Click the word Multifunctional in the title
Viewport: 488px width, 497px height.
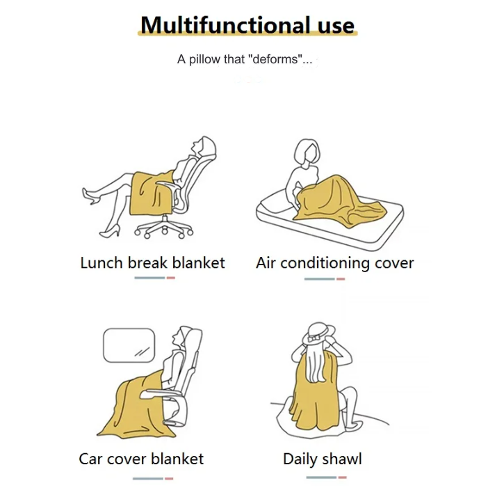pyautogui.click(x=225, y=25)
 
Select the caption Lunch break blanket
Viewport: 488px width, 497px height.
pyautogui.click(x=152, y=262)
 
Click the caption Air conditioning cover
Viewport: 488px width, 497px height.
pyautogui.click(x=335, y=263)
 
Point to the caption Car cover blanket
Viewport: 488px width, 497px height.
pyautogui.click(x=141, y=459)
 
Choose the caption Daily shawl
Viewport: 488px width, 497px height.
pyautogui.click(x=322, y=459)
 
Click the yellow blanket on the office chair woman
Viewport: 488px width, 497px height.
pyautogui.click(x=152, y=194)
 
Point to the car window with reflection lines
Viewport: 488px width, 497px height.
pyautogui.click(x=129, y=345)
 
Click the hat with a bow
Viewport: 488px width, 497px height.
pyautogui.click(x=318, y=336)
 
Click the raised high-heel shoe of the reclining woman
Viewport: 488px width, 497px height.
pyautogui.click(x=90, y=196)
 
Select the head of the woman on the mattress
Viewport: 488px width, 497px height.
pyautogui.click(x=307, y=152)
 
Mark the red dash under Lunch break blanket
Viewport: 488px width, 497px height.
pyautogui.click(x=170, y=278)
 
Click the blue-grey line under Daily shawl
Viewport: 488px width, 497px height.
pyautogui.click(x=321, y=478)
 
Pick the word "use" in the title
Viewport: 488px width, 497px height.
pyautogui.click(x=336, y=26)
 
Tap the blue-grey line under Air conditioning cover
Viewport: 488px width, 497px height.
pyautogui.click(x=319, y=279)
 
